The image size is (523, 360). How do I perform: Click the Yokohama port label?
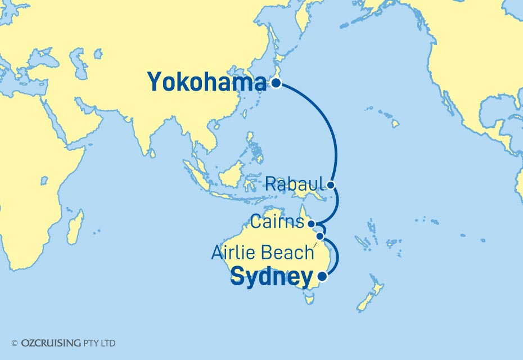pyautogui.click(x=206, y=83)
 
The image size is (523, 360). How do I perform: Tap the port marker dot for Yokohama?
pyautogui.click(x=276, y=84)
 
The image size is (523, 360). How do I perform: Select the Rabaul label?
pyautogui.click(x=295, y=184)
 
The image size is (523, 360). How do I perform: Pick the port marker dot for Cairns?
pyautogui.click(x=312, y=223)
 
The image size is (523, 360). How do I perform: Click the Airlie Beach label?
pyautogui.click(x=262, y=253)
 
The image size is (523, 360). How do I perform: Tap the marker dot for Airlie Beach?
pyautogui.click(x=320, y=236)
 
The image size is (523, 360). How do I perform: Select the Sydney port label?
pyautogui.click(x=271, y=277)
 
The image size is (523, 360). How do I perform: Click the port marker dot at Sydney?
pyautogui.click(x=322, y=276)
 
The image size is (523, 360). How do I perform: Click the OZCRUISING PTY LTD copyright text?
pyautogui.click(x=68, y=343)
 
